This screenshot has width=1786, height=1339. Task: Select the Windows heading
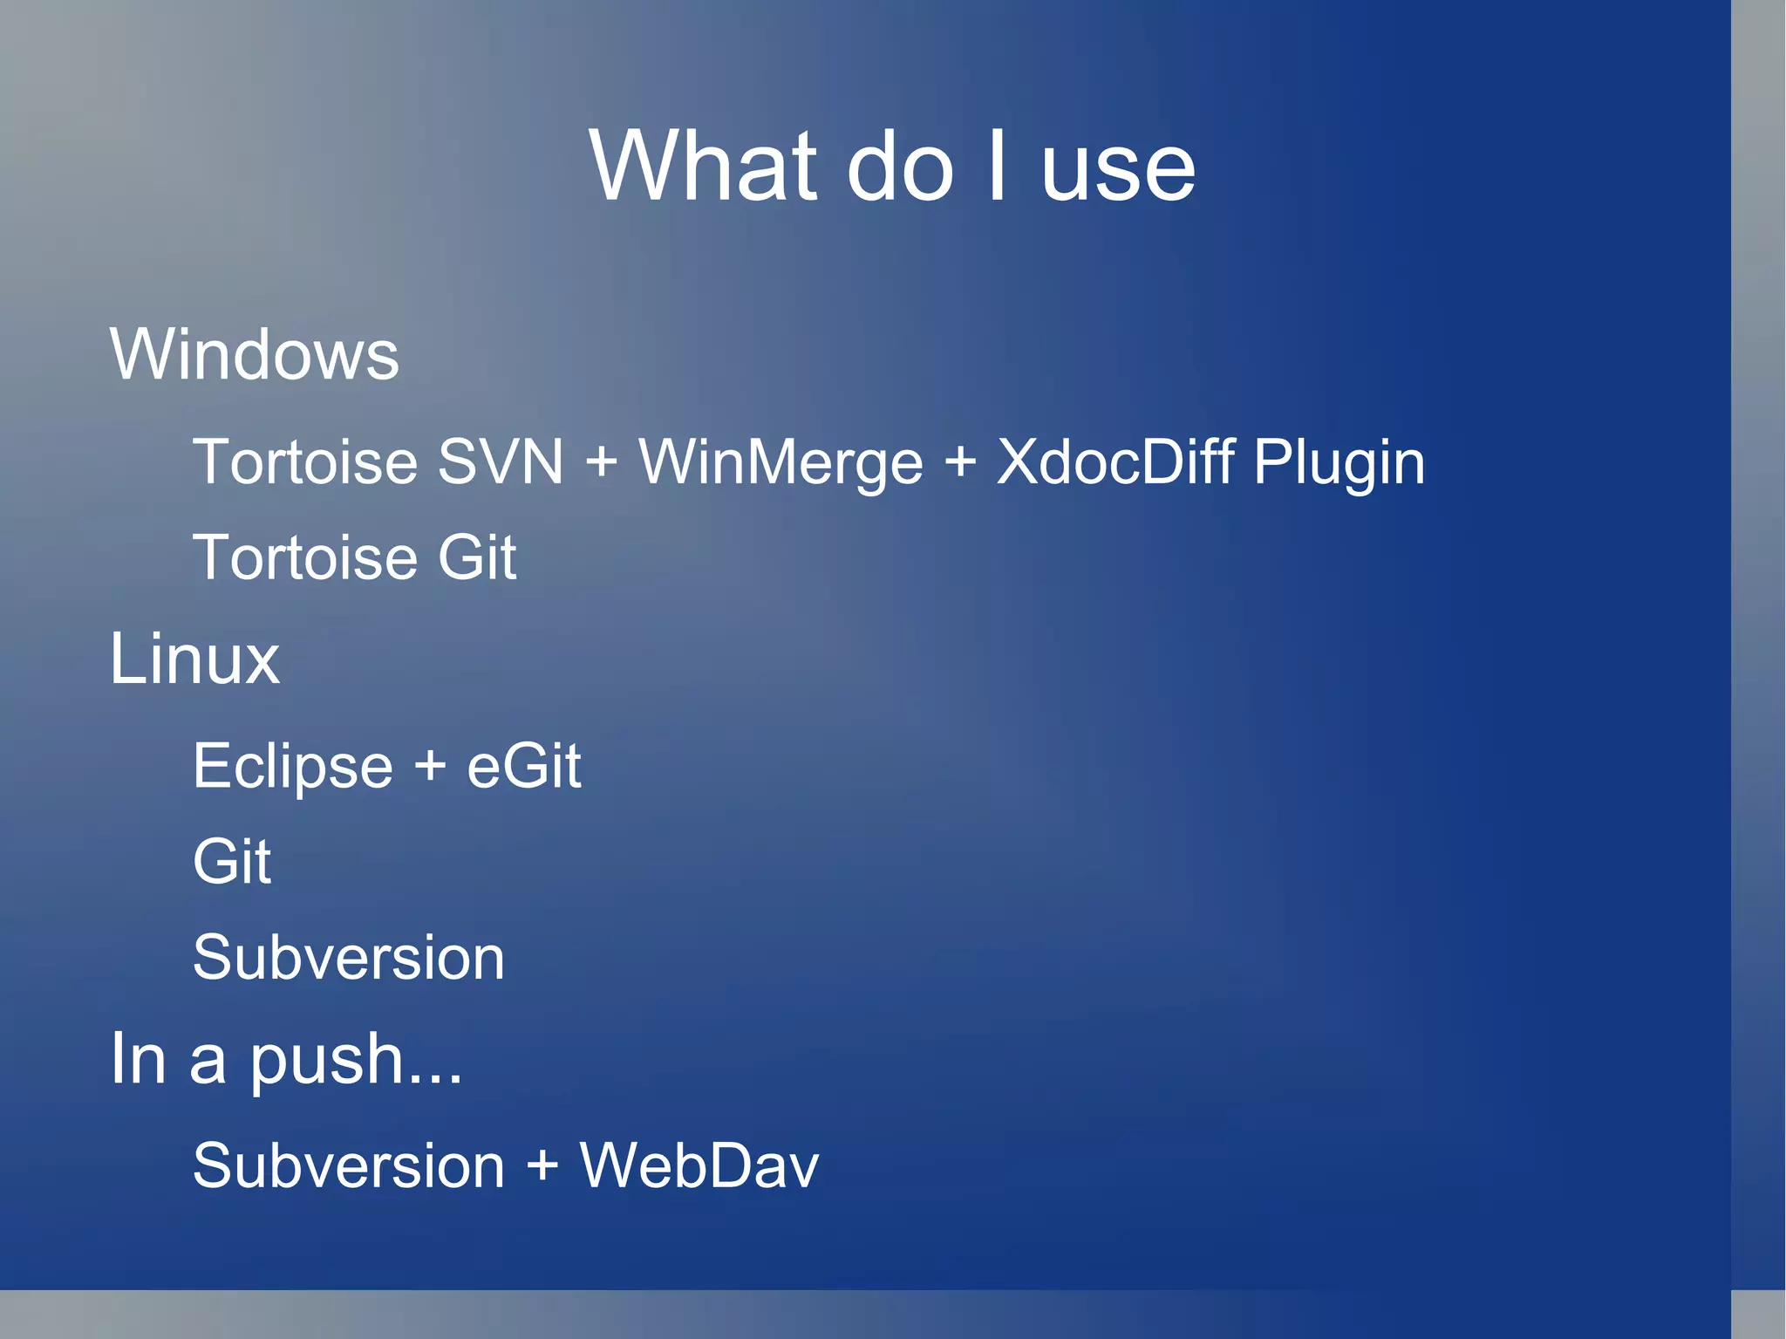[x=254, y=354]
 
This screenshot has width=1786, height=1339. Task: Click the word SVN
[x=500, y=461]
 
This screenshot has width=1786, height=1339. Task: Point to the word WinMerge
[x=781, y=463]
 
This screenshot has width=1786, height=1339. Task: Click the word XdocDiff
[x=1115, y=461]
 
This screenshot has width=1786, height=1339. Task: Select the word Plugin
[x=1339, y=463]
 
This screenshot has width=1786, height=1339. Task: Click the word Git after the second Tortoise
[x=476, y=557]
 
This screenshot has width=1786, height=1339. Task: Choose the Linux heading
[x=194, y=659]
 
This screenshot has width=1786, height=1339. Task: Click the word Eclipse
[x=293, y=767]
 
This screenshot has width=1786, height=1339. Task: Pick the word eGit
[x=523, y=766]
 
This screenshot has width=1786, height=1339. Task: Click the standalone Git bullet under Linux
[x=231, y=862]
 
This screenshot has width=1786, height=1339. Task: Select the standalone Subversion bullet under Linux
[x=348, y=958]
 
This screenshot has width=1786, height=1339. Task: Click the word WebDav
[x=699, y=1165]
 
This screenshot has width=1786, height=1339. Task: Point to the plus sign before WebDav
[x=542, y=1166]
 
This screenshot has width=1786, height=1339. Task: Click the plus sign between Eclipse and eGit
[x=430, y=767]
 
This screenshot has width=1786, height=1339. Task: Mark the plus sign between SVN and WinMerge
[x=602, y=461]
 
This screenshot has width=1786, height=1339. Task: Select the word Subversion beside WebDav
[x=348, y=1166]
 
